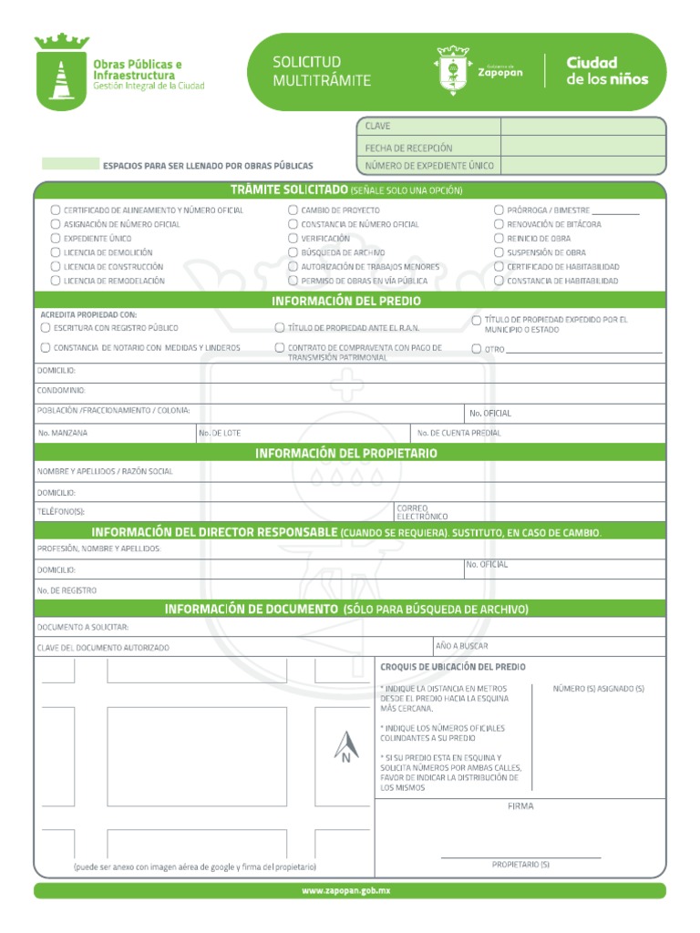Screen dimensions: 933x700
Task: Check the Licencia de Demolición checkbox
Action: click(57, 252)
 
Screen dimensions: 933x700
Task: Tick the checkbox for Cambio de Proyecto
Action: click(293, 210)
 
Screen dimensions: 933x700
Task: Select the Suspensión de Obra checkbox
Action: click(499, 252)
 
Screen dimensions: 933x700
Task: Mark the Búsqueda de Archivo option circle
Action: click(293, 252)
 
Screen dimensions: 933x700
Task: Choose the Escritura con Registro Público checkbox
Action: click(46, 327)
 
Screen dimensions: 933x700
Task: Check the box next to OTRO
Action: click(477, 348)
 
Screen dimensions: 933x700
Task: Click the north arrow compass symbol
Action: click(345, 747)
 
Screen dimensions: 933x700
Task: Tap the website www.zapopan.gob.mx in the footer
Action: click(349, 890)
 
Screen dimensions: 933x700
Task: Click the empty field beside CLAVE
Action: click(582, 127)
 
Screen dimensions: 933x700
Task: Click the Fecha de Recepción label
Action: click(408, 148)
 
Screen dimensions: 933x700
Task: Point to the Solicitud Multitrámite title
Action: click(310, 71)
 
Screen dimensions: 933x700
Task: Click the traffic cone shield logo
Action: click(61, 72)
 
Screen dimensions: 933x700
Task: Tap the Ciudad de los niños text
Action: click(607, 71)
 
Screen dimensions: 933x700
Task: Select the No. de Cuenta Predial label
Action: click(459, 433)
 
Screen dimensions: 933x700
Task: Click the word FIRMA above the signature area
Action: click(520, 806)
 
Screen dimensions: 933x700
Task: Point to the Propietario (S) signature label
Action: click(520, 864)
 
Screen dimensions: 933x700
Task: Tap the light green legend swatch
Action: click(70, 164)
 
